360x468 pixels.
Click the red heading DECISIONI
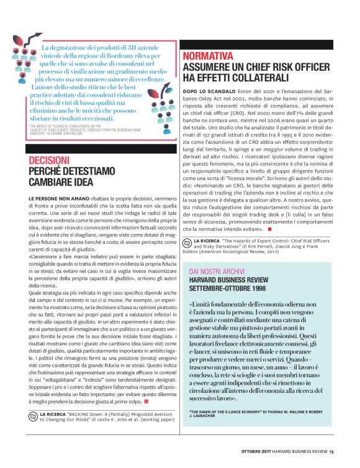(49, 160)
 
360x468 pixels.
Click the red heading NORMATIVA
(208, 56)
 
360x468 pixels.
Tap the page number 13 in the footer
(332, 451)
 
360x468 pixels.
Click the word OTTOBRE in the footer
(254, 451)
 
